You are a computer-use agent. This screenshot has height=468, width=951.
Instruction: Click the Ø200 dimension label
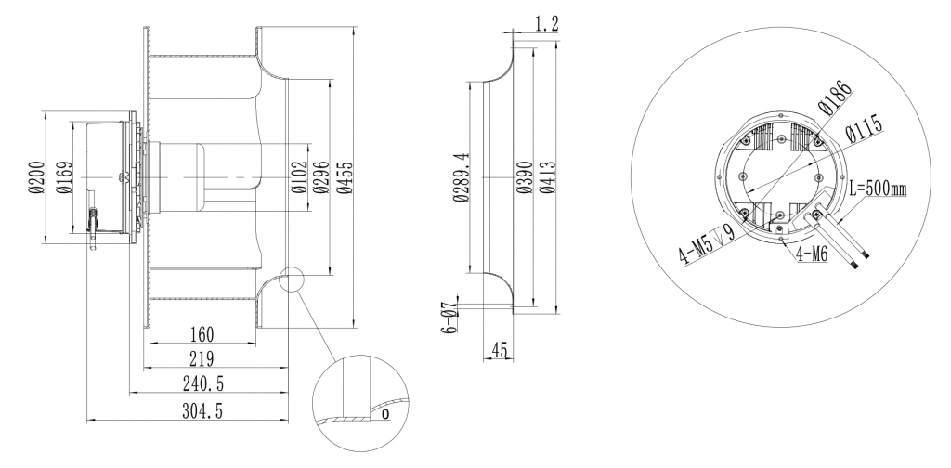tap(34, 176)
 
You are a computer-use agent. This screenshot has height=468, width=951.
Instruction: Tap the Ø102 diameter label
tap(298, 176)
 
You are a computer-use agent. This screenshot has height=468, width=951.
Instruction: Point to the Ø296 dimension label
tap(320, 176)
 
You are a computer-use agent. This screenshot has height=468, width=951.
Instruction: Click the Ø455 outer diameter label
tap(345, 176)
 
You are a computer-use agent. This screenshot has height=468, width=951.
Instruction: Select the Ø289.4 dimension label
tap(458, 176)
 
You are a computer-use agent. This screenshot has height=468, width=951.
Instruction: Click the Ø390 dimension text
tap(523, 176)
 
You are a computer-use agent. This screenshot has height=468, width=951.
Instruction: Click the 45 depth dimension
tap(499, 349)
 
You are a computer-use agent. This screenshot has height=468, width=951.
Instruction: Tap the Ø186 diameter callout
tap(832, 98)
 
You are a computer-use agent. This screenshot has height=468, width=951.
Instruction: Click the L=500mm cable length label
tap(878, 188)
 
